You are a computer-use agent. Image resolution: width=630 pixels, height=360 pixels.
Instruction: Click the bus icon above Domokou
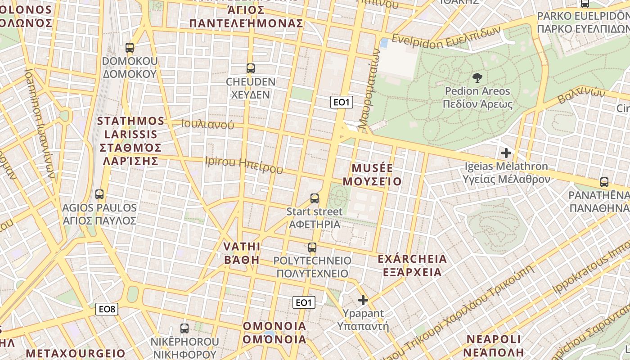coord(130,47)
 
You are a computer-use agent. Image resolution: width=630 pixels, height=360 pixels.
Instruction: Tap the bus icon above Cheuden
coord(251,68)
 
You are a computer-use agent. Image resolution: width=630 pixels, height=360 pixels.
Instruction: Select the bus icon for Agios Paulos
coord(99,194)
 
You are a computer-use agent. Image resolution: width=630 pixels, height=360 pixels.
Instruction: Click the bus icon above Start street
coord(315,198)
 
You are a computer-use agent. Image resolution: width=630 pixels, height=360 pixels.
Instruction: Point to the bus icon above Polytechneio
coord(312,247)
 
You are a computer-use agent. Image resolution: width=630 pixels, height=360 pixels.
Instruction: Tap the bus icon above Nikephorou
coord(184,328)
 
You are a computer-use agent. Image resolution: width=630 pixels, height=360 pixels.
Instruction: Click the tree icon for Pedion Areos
coord(477,78)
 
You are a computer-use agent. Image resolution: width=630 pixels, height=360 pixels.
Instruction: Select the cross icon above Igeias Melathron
coord(506,153)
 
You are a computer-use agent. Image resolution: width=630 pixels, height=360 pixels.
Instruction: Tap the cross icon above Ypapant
coord(363,300)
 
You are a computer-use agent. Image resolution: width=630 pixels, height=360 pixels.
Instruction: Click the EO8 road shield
coord(108,309)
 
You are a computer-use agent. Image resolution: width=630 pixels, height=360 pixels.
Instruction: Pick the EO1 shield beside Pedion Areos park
coord(342,102)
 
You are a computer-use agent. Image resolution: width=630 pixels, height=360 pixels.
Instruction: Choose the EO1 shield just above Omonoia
coord(304,302)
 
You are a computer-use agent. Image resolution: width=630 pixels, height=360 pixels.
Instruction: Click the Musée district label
coord(372,175)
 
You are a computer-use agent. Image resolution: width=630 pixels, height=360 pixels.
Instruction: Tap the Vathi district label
coord(242,253)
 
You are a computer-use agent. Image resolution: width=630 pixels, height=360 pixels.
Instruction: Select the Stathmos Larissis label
coord(131,141)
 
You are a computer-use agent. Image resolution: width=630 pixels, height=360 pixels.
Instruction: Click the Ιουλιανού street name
coord(208,124)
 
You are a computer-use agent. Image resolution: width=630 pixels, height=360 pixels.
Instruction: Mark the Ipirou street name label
coord(244,165)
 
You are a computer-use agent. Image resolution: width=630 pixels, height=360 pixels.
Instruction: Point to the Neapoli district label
coord(494,345)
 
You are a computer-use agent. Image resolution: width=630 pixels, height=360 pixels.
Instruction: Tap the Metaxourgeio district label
coord(76,353)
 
